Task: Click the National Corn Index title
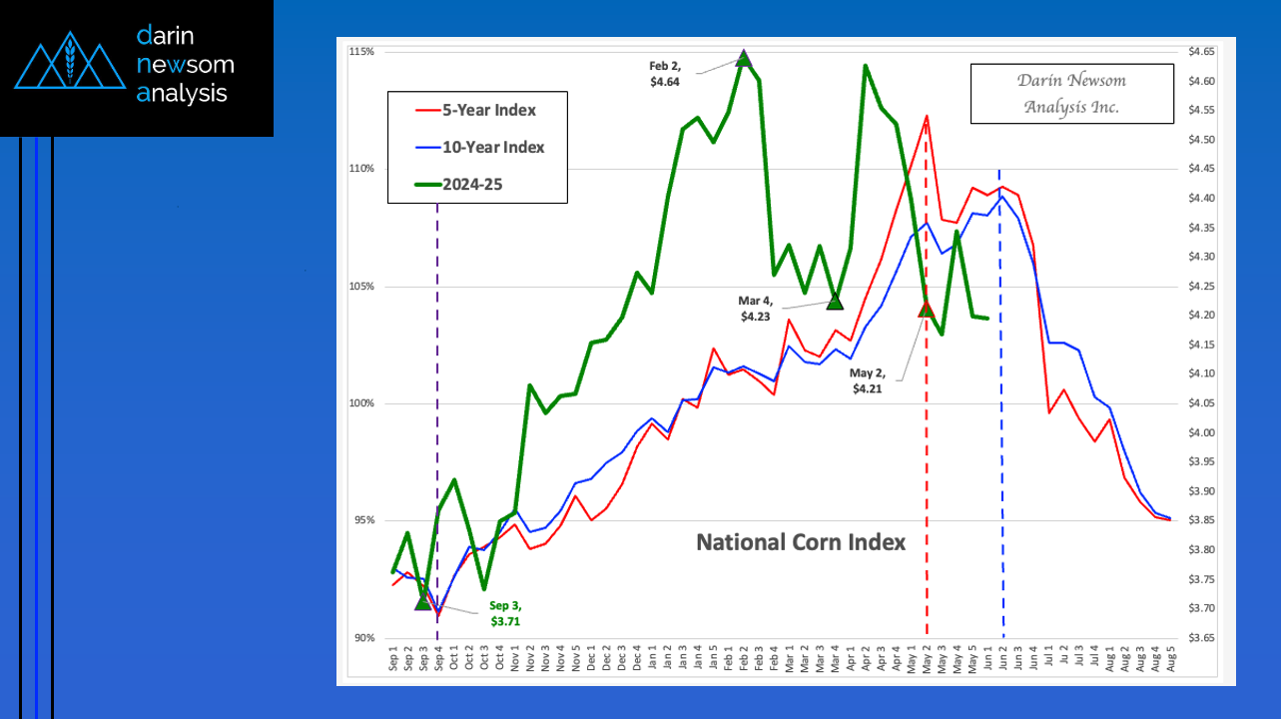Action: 801,542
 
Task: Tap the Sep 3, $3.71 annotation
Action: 506,613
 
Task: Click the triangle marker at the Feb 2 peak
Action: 743,58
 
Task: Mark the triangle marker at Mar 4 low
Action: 835,301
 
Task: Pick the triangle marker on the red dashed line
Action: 926,309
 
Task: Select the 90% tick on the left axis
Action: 363,638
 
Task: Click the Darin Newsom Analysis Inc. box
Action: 1071,93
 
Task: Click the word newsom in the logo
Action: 186,65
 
